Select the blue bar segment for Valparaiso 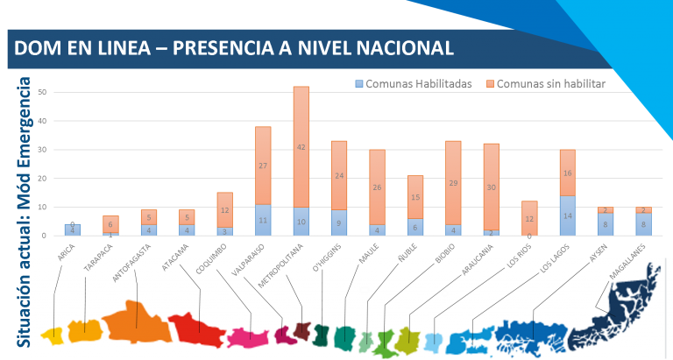263,220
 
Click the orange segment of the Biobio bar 452,183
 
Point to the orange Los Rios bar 528,218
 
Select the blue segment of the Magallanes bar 643,224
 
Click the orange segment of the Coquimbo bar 225,210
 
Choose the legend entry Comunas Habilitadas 413,84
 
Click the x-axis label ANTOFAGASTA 131,260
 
